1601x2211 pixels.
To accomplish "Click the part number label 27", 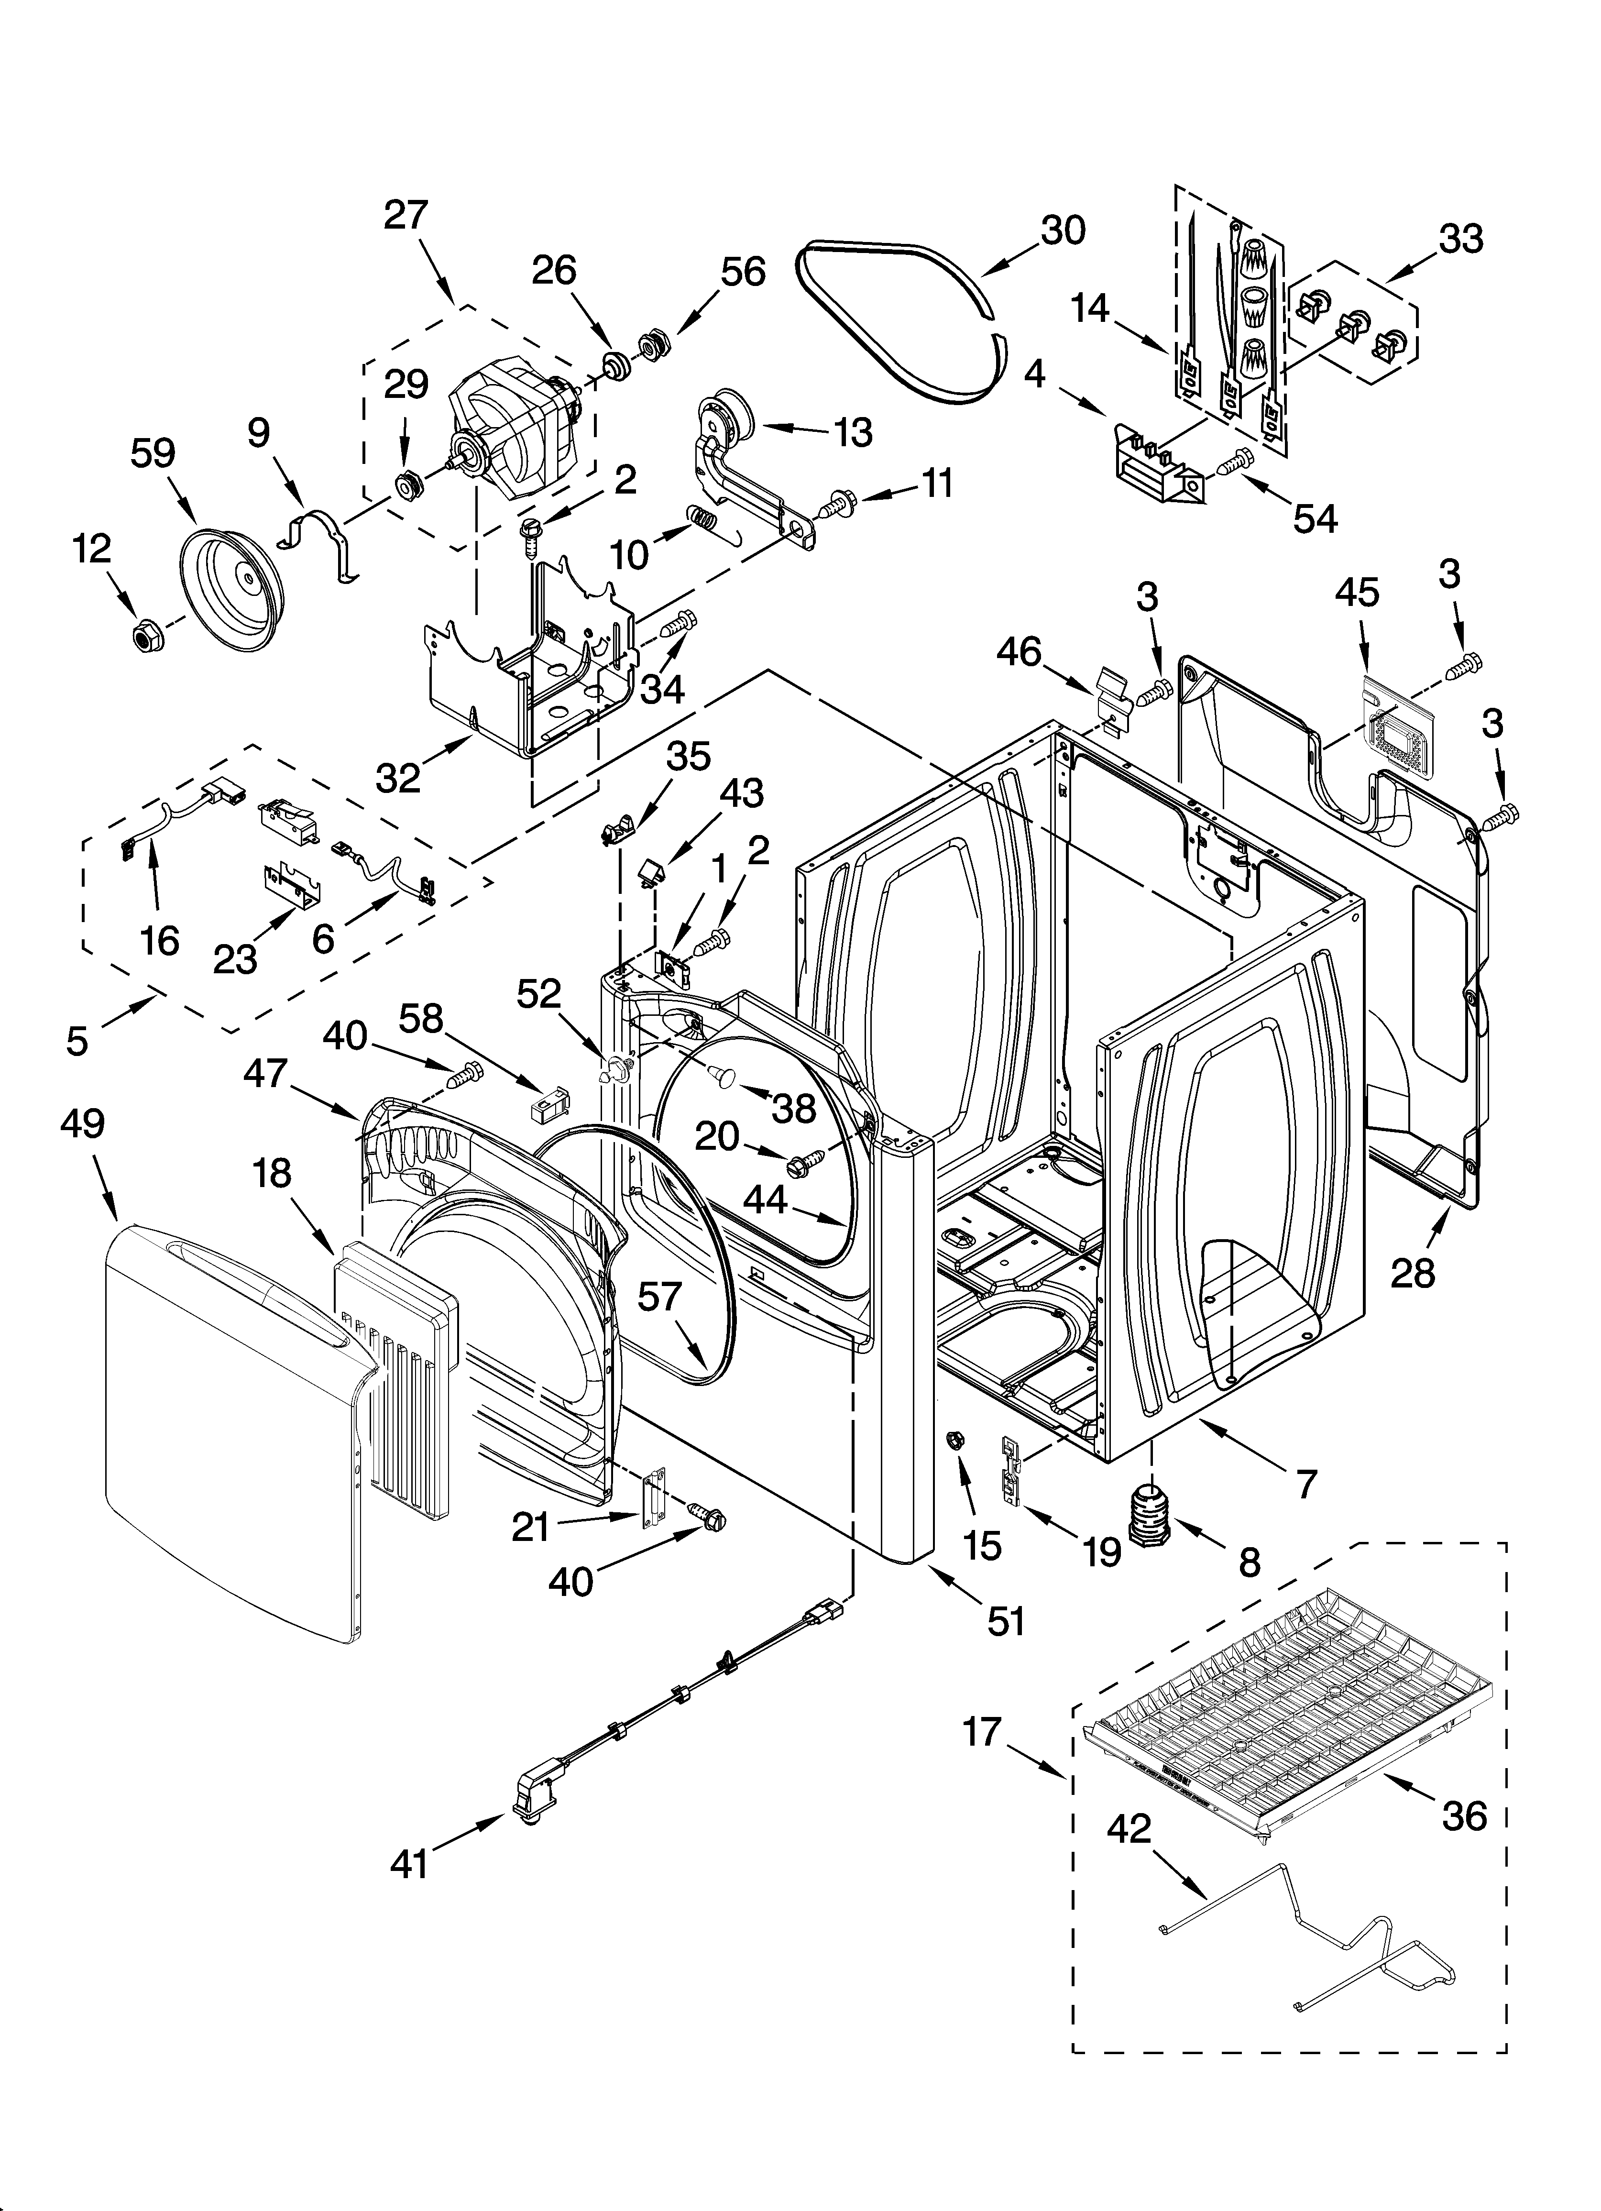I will pos(406,214).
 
